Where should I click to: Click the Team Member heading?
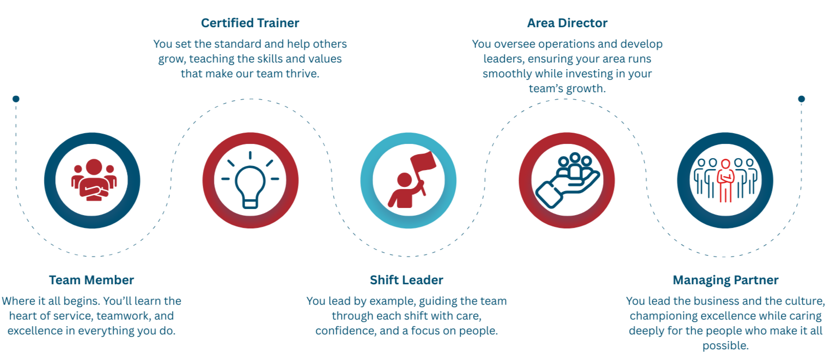point(92,280)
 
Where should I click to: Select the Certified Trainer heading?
point(250,23)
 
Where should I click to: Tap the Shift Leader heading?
point(407,280)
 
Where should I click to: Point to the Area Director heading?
point(567,23)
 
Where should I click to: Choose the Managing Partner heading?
point(726,280)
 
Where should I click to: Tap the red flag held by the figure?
point(423,162)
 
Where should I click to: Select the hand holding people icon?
point(567,181)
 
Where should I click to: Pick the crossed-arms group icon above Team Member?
point(93,180)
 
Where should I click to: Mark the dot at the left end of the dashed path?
point(16,99)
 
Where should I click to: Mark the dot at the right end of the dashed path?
point(802,99)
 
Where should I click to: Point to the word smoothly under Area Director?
point(507,74)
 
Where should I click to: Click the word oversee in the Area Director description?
point(515,44)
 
